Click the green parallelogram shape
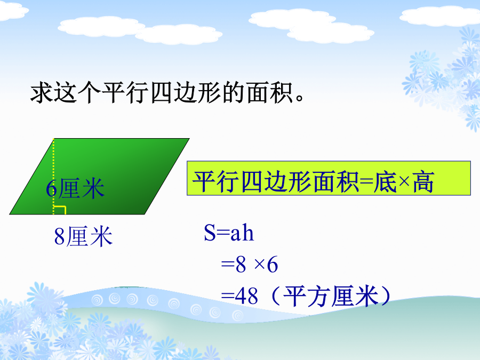(100, 177)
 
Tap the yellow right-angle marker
(60, 210)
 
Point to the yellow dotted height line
(53, 177)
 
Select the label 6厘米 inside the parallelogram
(75, 189)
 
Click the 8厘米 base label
(83, 236)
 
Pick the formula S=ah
(229, 233)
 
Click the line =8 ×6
(249, 265)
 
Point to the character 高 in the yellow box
(423, 182)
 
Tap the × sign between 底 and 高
(404, 182)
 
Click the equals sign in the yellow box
(366, 182)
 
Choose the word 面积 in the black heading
(270, 92)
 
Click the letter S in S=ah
(210, 233)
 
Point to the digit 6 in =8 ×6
(273, 265)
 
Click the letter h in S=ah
(248, 233)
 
